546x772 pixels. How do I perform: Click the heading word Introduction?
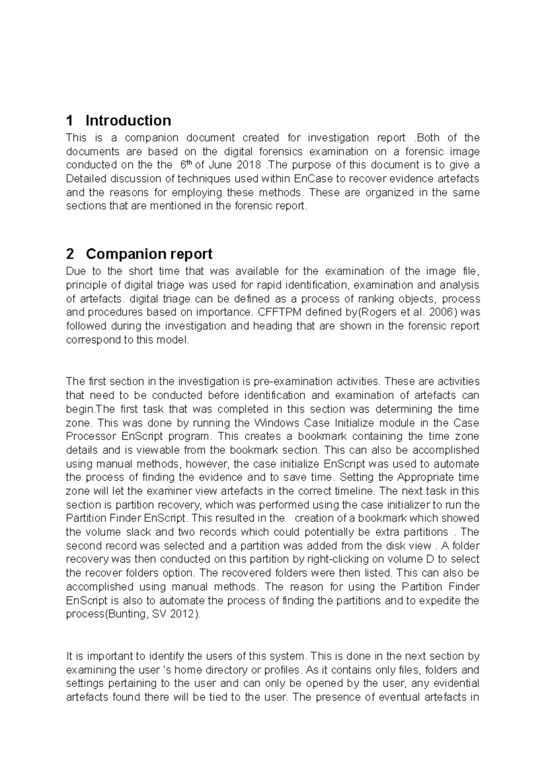[x=128, y=120]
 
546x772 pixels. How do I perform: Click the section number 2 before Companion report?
[x=70, y=254]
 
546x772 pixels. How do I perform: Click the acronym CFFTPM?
[x=278, y=312]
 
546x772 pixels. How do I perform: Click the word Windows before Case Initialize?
[x=277, y=423]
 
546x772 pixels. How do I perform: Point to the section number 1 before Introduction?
[x=70, y=120]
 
